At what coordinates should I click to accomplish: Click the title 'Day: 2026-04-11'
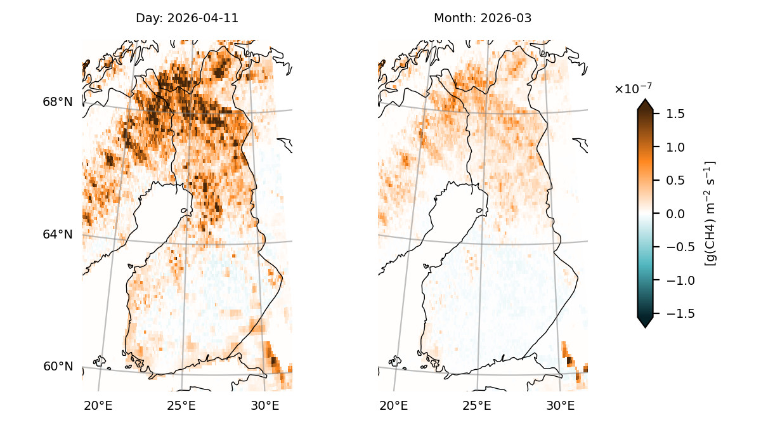[187, 18]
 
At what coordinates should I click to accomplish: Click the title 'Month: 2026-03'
[483, 18]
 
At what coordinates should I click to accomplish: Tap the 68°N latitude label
[58, 102]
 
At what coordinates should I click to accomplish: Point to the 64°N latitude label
[58, 235]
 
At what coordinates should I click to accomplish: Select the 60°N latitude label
[58, 367]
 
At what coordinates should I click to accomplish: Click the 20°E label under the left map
[98, 405]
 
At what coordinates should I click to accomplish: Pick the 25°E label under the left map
[181, 405]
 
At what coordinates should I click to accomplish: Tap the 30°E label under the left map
[265, 405]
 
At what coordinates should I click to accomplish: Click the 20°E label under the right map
[394, 405]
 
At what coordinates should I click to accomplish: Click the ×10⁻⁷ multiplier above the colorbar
[633, 88]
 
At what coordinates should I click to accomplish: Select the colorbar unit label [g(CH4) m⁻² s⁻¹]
[710, 213]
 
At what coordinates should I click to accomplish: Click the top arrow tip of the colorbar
[645, 100]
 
